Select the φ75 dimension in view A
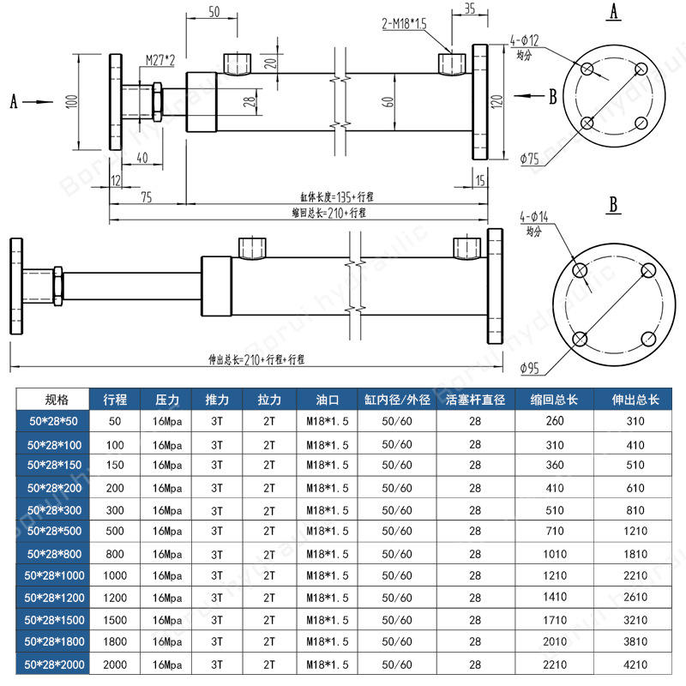click(530, 159)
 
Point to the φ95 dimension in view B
click(530, 369)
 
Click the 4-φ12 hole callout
click(525, 40)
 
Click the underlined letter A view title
click(613, 12)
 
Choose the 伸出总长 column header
click(635, 400)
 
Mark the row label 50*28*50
click(53, 421)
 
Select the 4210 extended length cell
click(635, 664)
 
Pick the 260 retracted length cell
click(554, 421)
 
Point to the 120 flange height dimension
click(496, 101)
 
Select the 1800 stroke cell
click(115, 641)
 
